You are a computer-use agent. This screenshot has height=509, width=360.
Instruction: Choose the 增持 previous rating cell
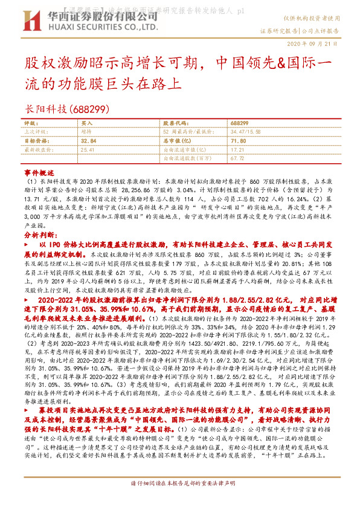[86, 131]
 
